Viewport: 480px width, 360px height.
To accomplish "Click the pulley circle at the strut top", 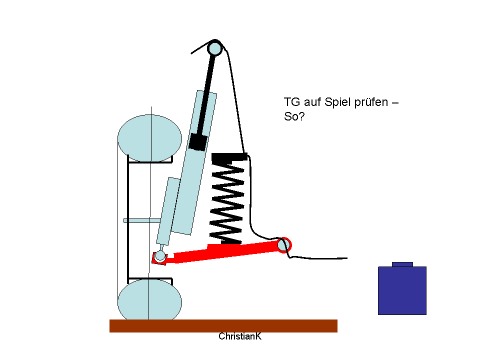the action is coord(214,48).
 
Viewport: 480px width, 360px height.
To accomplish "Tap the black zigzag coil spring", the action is coord(227,202).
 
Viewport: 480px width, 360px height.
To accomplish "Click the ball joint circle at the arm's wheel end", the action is coord(160,255).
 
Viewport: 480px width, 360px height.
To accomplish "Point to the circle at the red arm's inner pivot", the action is coord(283,245).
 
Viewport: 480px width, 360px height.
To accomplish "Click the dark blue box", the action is coord(402,290).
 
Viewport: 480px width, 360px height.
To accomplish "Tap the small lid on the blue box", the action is coord(402,264).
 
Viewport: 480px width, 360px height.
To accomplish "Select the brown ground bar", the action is coord(223,325).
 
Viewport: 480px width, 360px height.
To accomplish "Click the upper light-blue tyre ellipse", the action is coord(149,138).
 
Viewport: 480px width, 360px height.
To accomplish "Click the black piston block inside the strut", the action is coord(198,141).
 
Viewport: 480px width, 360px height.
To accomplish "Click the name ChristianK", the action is coord(240,336).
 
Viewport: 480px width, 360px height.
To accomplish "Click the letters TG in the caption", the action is coord(292,102).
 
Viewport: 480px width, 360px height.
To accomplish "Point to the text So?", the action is coord(294,116).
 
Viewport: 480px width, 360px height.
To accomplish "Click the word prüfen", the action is coord(371,102).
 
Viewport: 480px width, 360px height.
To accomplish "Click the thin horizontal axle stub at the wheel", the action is coord(142,220).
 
